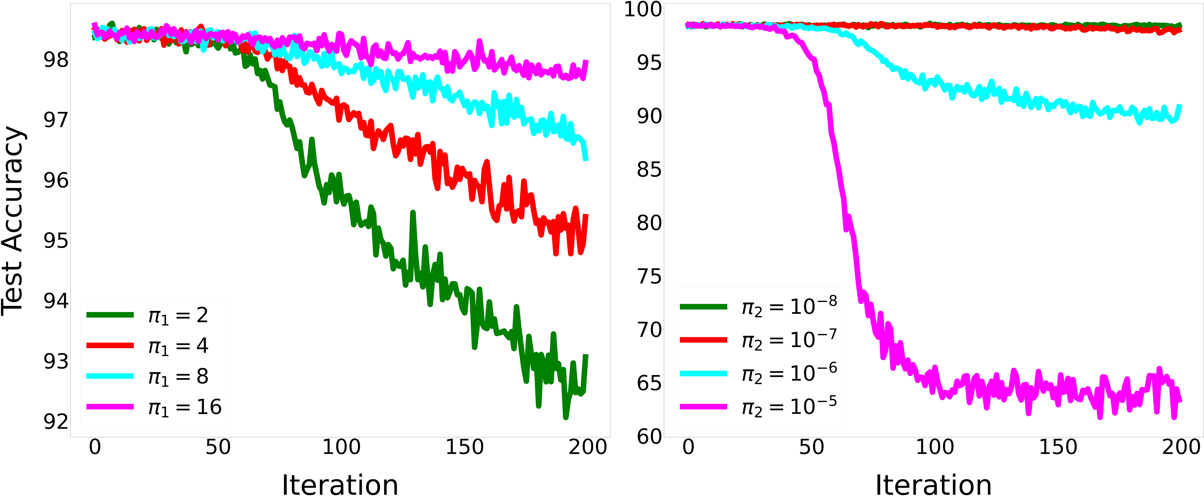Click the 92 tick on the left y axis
[x=56, y=422]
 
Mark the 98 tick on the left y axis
[x=56, y=60]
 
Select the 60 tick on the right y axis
[x=650, y=437]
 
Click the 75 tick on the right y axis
[x=650, y=276]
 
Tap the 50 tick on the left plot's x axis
[x=218, y=447]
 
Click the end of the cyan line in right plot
[x=1180, y=105]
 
